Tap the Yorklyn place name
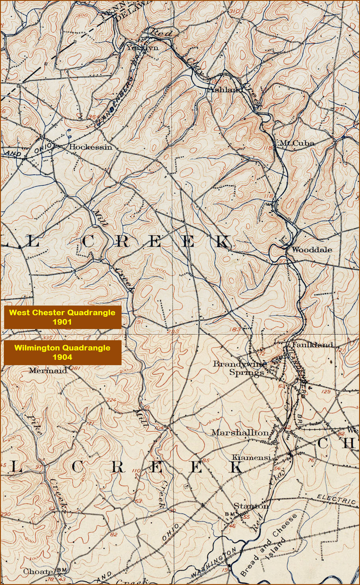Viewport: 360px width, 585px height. pyautogui.click(x=142, y=47)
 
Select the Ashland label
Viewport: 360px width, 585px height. pyautogui.click(x=225, y=90)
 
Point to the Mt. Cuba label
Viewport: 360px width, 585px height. pyautogui.click(x=296, y=143)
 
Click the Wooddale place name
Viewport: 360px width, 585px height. pyautogui.click(x=312, y=250)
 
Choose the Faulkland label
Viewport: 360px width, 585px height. pyautogui.click(x=312, y=345)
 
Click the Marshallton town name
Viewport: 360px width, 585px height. pyautogui.click(x=240, y=432)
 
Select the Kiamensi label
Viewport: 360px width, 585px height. pyautogui.click(x=251, y=457)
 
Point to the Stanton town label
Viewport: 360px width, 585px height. pyautogui.click(x=251, y=506)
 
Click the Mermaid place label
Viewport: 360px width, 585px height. pyautogui.click(x=48, y=370)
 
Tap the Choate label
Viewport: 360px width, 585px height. pyautogui.click(x=38, y=571)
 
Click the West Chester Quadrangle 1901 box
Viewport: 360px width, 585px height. pyautogui.click(x=62, y=317)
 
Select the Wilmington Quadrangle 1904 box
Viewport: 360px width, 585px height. pyautogui.click(x=62, y=352)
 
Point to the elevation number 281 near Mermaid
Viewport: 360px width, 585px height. pyautogui.click(x=76, y=368)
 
